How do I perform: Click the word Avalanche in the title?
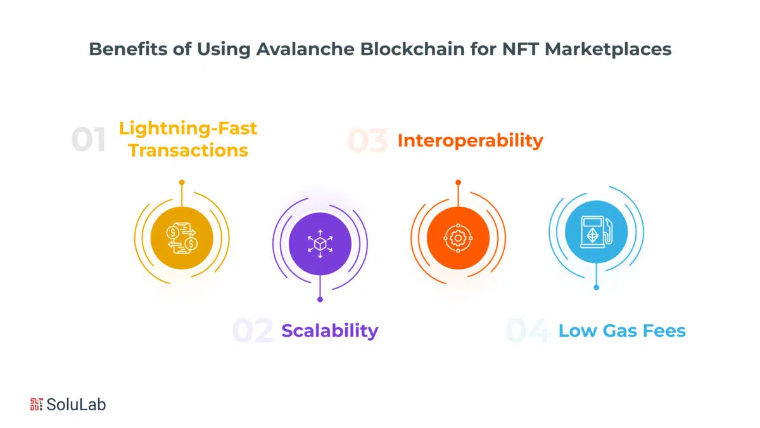305,49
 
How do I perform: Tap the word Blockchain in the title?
412,49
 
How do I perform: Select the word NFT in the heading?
520,49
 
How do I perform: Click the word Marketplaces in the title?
608,49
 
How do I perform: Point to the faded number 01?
89,139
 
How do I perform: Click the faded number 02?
253,330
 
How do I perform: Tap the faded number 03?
368,140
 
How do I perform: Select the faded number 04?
528,330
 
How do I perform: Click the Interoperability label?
470,141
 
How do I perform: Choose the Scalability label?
330,330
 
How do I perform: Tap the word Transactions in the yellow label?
188,150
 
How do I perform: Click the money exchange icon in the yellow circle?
182,238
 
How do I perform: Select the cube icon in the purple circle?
320,244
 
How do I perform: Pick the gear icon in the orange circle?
458,238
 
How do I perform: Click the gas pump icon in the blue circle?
596,232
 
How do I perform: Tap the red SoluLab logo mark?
36,405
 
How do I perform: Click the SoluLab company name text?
76,405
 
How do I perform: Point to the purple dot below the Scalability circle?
320,299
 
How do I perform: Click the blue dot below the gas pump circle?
596,287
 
